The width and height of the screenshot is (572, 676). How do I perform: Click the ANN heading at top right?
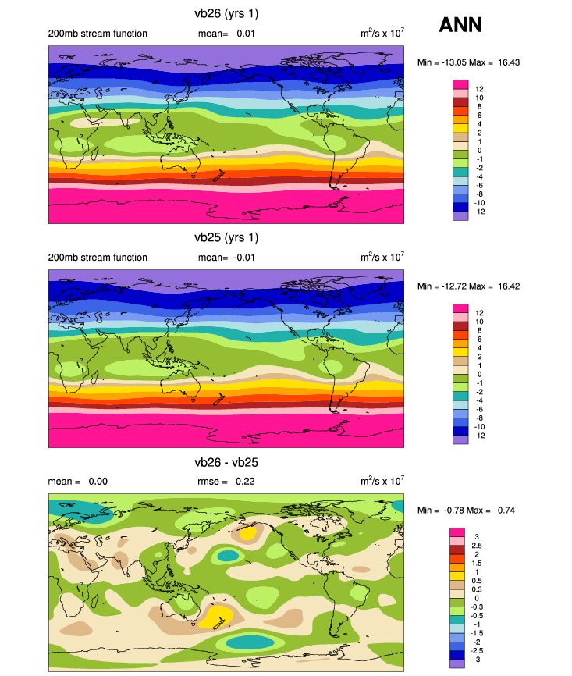[x=460, y=24]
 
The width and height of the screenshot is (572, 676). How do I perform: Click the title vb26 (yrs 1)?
[x=226, y=13]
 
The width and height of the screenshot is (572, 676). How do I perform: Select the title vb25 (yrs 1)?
[x=226, y=237]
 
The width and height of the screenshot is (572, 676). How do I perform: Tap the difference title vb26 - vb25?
[x=226, y=462]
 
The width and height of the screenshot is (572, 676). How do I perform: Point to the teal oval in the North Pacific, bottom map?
[x=227, y=556]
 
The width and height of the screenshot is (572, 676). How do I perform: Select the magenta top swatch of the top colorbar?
[x=460, y=84]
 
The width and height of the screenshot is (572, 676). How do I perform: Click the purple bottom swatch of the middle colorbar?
[x=460, y=440]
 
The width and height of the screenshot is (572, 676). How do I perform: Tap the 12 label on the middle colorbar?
[x=479, y=312]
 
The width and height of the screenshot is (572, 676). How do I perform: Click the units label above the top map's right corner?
[x=382, y=34]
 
